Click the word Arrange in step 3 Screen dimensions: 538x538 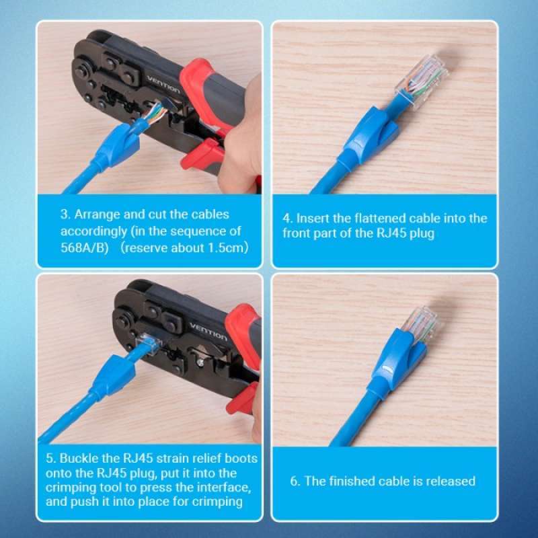96,215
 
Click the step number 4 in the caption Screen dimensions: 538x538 286,219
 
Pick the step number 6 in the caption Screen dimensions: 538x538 294,481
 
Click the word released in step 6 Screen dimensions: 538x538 451,481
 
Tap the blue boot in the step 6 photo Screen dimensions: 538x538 397,356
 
